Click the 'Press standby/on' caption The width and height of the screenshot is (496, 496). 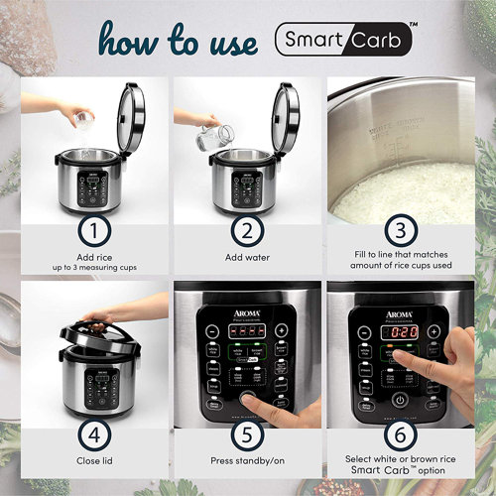click(247, 460)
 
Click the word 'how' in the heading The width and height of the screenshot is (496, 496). click(132, 42)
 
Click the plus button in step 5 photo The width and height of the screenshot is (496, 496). click(282, 330)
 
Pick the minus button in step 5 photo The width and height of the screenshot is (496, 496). click(211, 330)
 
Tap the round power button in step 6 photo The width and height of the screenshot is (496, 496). click(399, 401)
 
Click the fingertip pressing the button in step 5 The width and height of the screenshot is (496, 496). click(248, 397)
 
